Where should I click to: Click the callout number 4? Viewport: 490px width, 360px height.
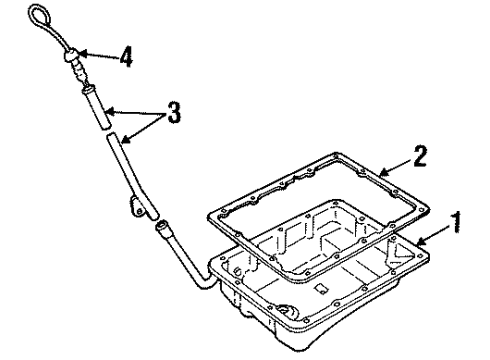125,57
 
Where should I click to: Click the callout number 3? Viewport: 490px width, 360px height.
175,112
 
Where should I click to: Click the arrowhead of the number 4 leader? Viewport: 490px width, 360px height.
89,56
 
